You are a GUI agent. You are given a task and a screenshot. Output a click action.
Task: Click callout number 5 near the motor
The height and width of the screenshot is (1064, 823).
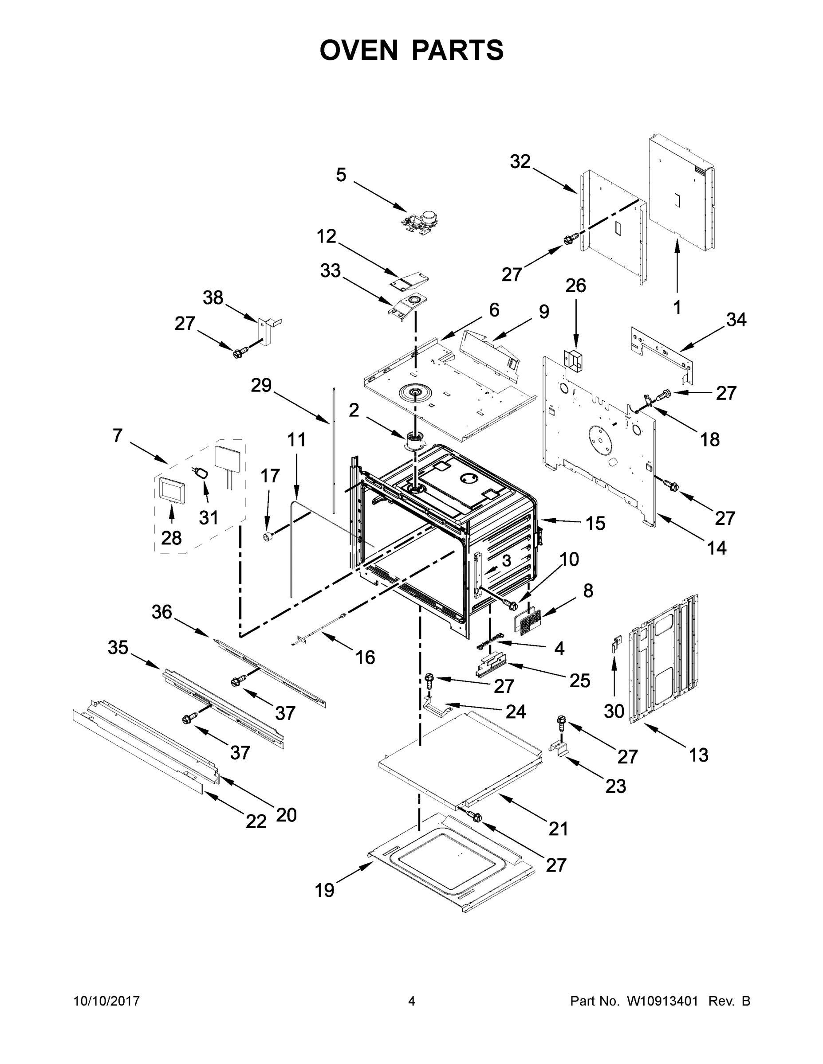click(x=341, y=174)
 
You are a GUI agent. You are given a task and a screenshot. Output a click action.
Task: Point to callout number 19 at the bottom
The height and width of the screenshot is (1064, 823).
click(x=324, y=890)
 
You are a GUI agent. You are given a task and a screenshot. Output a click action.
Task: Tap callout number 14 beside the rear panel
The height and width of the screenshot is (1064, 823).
click(x=716, y=548)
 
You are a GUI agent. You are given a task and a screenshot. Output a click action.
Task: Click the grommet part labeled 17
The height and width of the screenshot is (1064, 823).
click(x=267, y=537)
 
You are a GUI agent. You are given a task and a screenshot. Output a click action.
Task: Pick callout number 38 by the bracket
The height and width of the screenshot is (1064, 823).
click(x=213, y=297)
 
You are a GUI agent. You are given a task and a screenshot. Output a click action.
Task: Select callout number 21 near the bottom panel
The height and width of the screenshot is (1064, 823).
click(x=558, y=828)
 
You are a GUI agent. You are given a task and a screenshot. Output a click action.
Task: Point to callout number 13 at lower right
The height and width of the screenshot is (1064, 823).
click(x=698, y=755)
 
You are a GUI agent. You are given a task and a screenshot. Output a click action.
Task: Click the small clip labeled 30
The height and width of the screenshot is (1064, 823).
click(x=617, y=645)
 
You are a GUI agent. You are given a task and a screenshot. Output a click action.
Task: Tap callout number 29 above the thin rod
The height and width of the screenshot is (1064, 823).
click(x=261, y=385)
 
